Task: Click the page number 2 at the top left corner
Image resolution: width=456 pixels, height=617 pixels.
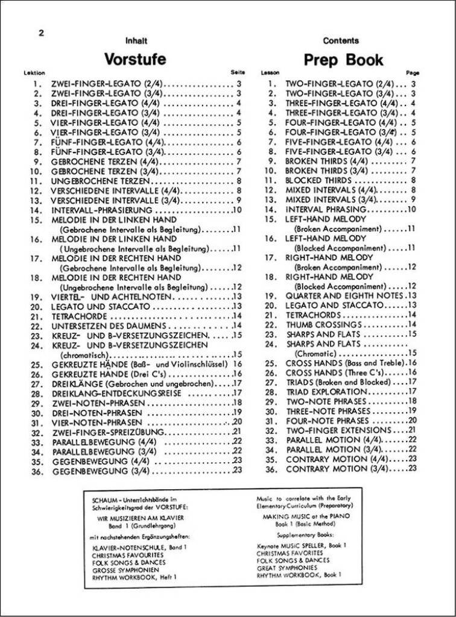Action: pyautogui.click(x=41, y=33)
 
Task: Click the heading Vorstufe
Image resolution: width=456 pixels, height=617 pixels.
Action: pyautogui.click(x=135, y=60)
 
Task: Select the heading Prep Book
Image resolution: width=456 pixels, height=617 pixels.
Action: pyautogui.click(x=343, y=60)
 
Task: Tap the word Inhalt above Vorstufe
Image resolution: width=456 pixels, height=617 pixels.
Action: pyautogui.click(x=136, y=41)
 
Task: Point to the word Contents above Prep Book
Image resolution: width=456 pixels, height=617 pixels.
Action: pyautogui.click(x=341, y=41)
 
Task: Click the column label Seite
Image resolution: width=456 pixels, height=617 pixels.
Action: pyautogui.click(x=238, y=72)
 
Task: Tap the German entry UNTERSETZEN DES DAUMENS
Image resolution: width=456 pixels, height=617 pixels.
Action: pyautogui.click(x=103, y=325)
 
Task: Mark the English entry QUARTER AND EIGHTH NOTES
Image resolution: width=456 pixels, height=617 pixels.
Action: pyautogui.click(x=344, y=296)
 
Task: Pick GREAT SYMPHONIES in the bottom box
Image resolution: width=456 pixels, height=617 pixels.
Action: pyautogui.click(x=287, y=568)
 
